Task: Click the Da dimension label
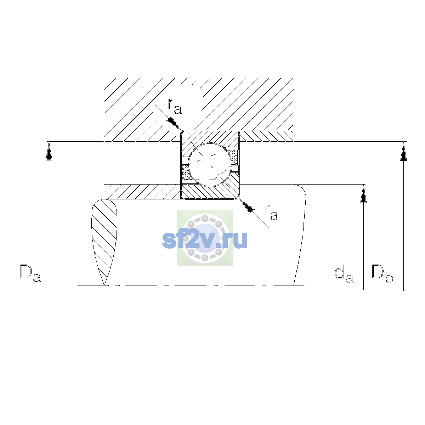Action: click(30, 273)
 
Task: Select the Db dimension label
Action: click(382, 273)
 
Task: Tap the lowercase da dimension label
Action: click(344, 274)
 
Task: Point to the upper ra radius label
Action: click(175, 106)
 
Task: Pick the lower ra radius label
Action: click(271, 212)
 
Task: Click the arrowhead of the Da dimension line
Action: click(49, 151)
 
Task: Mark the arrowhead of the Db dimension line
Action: click(403, 151)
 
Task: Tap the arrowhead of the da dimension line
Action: click(363, 194)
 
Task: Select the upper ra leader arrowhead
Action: click(174, 123)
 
